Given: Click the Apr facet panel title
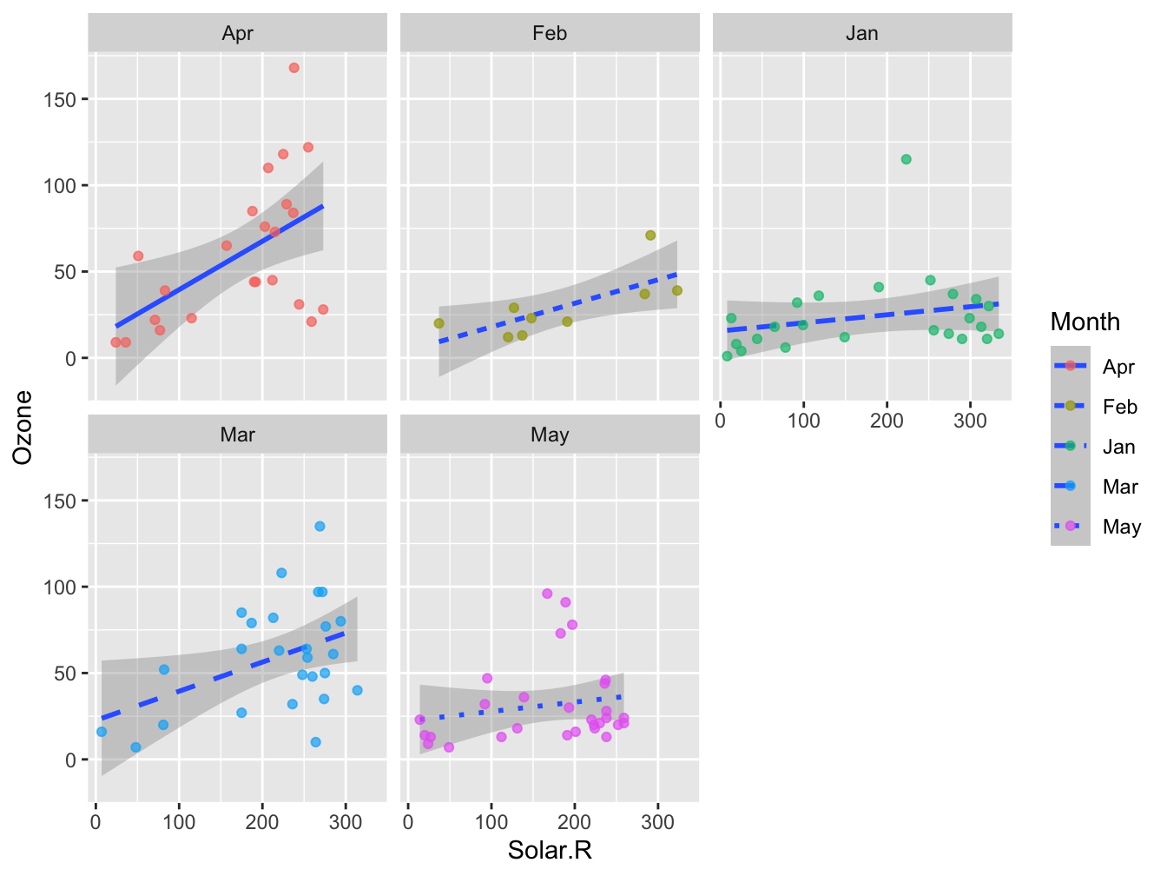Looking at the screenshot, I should pos(237,34).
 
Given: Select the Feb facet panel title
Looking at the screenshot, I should pos(550,34).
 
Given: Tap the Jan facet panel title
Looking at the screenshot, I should pos(862,34).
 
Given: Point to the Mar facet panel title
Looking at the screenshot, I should pos(237,435).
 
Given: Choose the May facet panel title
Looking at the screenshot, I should pos(550,435).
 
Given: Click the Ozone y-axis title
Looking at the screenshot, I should pos(23,427).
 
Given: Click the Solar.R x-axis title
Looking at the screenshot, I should pos(550,850).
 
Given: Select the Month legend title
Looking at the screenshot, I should pos(1085,322).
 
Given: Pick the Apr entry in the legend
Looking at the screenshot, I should pos(1118,367).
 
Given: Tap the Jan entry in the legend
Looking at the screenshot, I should pos(1118,447).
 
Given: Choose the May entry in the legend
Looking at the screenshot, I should pos(1121,527).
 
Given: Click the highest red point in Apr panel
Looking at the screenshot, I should pos(294,68).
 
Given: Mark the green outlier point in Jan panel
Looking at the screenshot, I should pos(907,159).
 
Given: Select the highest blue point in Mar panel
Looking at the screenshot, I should pos(320,527).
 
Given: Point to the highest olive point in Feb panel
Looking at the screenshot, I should pos(650,236).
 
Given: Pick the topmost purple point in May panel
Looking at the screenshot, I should pos(547,594).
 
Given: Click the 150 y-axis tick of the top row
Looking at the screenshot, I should pos(59,100).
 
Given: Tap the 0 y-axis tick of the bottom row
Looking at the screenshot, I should pos(70,760).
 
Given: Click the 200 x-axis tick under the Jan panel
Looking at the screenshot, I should pos(887,421).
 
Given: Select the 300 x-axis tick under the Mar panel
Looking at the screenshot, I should pos(346,823).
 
